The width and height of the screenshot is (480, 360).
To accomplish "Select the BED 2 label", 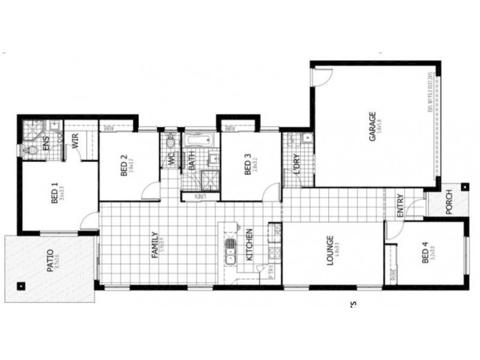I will pos(124,166).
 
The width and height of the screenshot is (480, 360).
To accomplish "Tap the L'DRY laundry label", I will pos(296,164).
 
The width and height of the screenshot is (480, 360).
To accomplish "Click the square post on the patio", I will pos(21,286).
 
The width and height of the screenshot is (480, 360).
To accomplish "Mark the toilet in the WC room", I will pos(171,144).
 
